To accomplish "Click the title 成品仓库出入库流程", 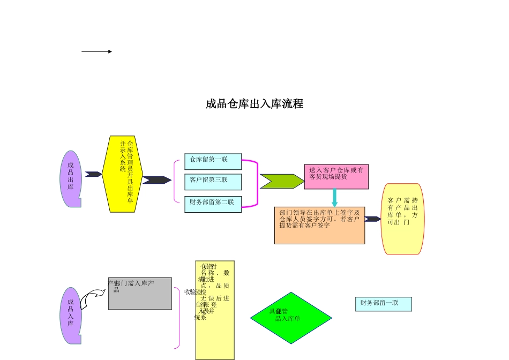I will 254,104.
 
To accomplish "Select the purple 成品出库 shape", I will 71,179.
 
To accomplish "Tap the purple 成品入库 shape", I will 71,316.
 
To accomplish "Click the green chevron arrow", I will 281,181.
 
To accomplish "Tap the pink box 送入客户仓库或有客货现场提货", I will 336,176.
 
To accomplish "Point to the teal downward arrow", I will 335,197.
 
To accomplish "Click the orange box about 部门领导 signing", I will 319,226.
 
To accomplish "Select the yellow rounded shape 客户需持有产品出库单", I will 402,219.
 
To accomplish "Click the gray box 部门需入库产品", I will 140,294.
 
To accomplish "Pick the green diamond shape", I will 291,318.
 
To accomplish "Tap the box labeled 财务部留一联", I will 383,304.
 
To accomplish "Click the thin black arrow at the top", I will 96,51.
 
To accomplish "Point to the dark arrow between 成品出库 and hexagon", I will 93,174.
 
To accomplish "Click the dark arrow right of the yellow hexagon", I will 156,180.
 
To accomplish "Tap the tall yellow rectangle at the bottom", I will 215,310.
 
